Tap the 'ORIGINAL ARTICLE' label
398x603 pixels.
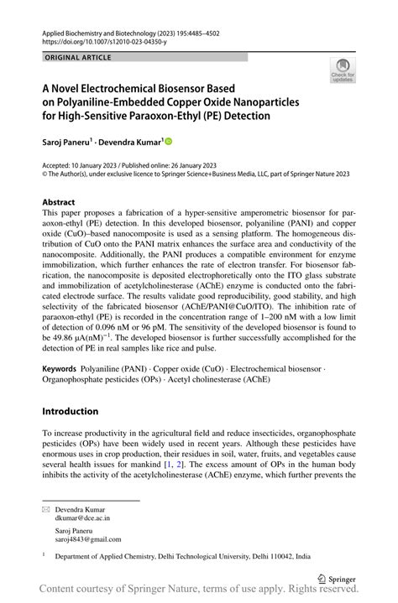coord(76,57)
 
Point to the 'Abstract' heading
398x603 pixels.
coord(59,202)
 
